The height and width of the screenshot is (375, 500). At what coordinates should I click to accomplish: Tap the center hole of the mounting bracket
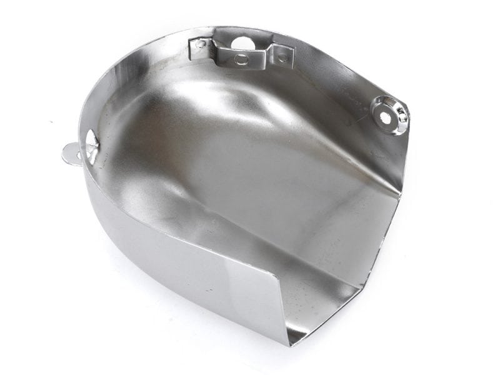(x=241, y=59)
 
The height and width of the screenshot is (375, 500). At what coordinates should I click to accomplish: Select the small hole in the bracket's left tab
(x=200, y=44)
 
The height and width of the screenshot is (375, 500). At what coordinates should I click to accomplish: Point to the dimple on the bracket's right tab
(x=282, y=57)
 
